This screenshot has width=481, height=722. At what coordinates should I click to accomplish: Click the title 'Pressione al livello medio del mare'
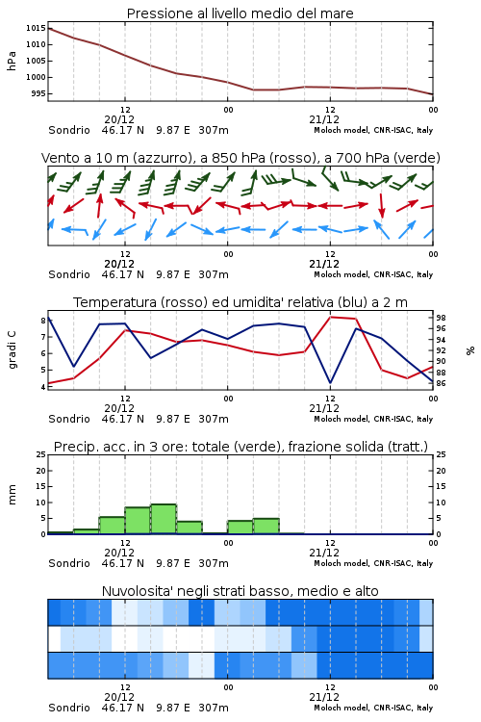click(240, 13)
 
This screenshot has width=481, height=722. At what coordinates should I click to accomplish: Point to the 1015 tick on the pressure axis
click(36, 28)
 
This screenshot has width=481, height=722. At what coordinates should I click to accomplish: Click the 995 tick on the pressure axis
click(38, 93)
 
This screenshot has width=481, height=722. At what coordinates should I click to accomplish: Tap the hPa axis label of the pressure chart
click(12, 61)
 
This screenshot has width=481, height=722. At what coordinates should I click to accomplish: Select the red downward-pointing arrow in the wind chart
click(381, 206)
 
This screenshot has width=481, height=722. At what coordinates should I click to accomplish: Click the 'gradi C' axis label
click(12, 349)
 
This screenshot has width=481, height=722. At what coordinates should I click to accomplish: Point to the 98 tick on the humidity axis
click(441, 318)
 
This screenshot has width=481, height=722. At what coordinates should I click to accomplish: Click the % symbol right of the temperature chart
click(470, 350)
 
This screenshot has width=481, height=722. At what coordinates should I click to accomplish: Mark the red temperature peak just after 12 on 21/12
click(331, 317)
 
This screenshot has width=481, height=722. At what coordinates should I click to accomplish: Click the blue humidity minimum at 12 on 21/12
click(330, 382)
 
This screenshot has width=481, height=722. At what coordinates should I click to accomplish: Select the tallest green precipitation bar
click(164, 519)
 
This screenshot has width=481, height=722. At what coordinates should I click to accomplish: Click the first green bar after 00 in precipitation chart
click(240, 528)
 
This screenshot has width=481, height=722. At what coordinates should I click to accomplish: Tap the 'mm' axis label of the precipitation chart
click(12, 494)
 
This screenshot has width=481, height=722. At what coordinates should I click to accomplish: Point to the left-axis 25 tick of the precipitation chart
click(41, 454)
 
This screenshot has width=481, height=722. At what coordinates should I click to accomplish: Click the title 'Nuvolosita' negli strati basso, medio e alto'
click(240, 591)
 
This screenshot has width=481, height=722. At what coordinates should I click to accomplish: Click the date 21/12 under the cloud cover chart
click(324, 697)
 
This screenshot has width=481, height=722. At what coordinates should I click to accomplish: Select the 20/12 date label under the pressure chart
click(119, 119)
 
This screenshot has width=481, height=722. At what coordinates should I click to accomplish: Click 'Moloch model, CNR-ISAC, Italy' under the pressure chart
click(373, 130)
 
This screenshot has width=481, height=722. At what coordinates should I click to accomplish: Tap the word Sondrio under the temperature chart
click(69, 419)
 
